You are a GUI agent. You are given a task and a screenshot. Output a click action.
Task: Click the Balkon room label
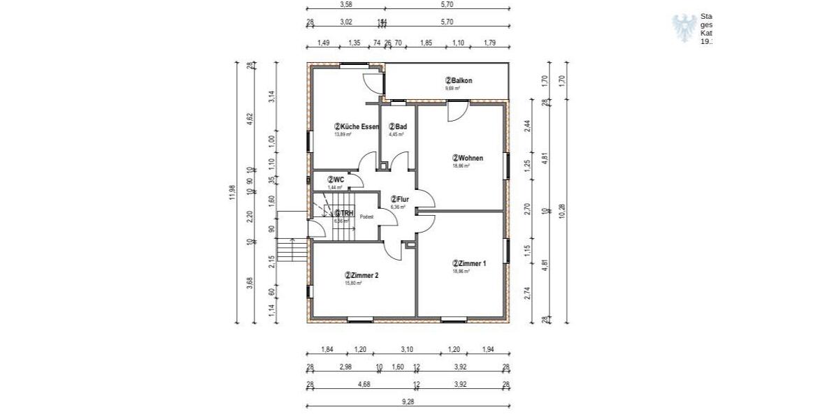(459, 81)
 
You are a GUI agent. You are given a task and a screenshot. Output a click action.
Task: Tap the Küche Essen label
(357, 126)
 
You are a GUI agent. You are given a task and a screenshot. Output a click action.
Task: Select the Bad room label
(397, 126)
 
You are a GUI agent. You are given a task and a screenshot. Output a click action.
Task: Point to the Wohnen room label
(468, 158)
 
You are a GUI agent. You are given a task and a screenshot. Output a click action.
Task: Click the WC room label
(336, 179)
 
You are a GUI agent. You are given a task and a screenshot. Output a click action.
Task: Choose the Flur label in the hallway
(399, 199)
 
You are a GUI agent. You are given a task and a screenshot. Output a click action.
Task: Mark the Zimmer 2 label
(361, 276)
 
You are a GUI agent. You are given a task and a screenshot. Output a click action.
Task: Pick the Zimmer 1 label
(469, 263)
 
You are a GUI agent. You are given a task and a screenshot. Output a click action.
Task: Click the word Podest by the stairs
(367, 217)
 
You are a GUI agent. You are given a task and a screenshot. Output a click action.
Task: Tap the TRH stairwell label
(342, 213)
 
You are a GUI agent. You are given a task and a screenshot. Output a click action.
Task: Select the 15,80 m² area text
(352, 284)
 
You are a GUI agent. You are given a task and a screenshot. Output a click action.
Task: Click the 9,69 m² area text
(453, 89)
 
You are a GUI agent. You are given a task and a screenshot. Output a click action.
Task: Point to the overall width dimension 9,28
(408, 401)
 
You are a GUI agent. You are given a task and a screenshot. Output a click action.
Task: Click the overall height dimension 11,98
(233, 192)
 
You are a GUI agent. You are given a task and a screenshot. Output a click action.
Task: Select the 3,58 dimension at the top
(345, 4)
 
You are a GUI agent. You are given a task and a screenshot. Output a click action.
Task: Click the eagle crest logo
(684, 28)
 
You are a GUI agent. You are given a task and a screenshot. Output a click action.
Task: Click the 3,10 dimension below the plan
(408, 349)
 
